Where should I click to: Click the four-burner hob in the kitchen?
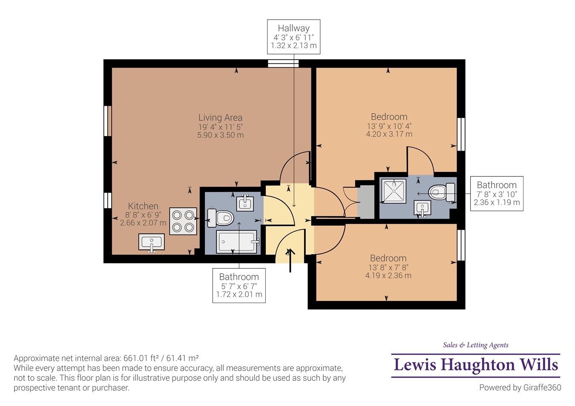(x=183, y=221)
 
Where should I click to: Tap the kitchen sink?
(x=152, y=242)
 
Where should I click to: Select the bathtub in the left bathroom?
(x=237, y=242)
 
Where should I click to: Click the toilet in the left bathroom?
(x=221, y=218)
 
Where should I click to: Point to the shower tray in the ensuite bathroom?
(x=394, y=191)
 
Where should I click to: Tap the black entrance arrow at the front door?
(x=290, y=260)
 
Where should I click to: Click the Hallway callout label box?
(x=293, y=37)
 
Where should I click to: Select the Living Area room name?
(x=220, y=117)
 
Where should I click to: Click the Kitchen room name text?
(x=143, y=206)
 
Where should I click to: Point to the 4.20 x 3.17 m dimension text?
(x=389, y=134)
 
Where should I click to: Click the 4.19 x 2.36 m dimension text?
(x=388, y=275)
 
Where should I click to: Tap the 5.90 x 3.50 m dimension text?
(x=221, y=135)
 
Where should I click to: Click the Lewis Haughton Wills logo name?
(x=476, y=365)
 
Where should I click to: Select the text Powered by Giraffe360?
(x=520, y=388)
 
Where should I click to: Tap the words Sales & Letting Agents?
(x=476, y=345)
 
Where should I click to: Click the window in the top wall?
(x=283, y=63)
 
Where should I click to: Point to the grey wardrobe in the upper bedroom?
(x=366, y=202)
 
